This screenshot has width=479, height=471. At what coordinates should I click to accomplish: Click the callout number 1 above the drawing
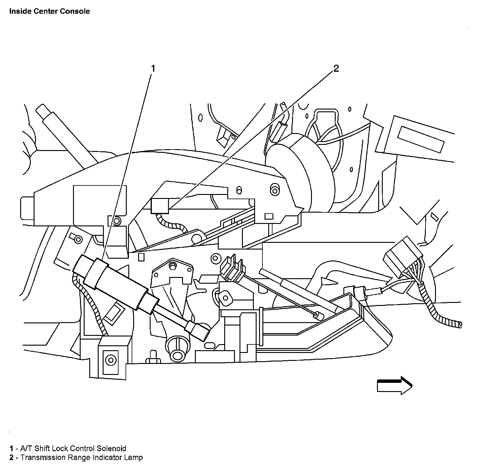tap(153, 68)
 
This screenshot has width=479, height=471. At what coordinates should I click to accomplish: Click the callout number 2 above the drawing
tap(336, 68)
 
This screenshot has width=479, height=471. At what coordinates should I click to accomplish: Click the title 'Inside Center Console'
tap(49, 11)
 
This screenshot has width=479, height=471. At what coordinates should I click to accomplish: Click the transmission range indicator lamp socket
tap(160, 206)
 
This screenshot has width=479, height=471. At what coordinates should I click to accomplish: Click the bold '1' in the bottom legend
tap(11, 448)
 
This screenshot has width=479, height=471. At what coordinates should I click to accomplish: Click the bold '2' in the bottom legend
tap(11, 458)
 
